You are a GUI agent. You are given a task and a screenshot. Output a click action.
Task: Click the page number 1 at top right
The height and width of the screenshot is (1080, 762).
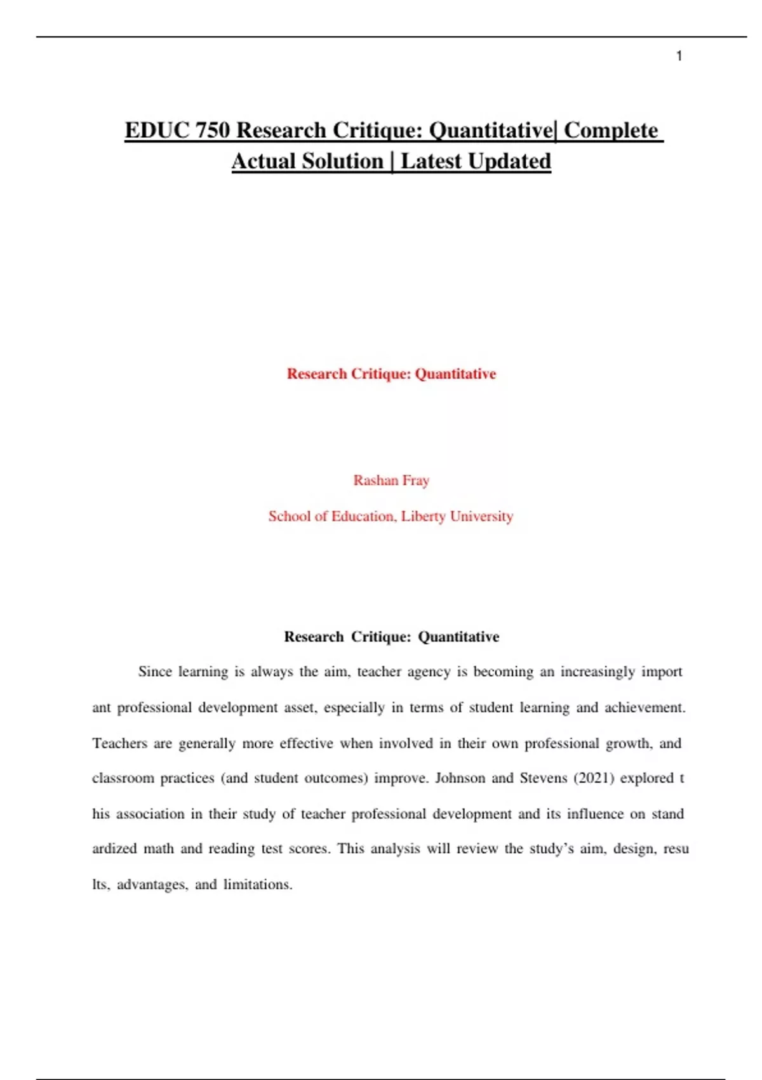pos(679,56)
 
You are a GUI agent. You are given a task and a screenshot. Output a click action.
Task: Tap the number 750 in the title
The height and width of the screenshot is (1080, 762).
pos(213,130)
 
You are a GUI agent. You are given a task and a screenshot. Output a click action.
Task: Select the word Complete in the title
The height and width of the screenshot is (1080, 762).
pos(611,130)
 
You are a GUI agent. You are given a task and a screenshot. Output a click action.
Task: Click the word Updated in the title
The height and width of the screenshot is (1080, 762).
pos(509,161)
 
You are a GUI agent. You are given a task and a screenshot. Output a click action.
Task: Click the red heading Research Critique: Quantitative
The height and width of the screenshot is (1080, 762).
pos(391,374)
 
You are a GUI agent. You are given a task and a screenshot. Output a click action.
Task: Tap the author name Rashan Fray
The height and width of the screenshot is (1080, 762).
pos(391,480)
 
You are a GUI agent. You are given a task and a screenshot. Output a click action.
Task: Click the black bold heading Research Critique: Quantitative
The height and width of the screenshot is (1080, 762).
pos(391,637)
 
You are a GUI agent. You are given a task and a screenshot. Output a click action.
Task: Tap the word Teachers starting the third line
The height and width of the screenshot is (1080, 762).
pos(119,743)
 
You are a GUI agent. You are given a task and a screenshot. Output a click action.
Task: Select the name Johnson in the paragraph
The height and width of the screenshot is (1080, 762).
pos(460,778)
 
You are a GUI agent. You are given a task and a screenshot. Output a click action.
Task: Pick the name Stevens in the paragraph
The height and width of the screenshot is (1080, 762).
pos(543,778)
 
